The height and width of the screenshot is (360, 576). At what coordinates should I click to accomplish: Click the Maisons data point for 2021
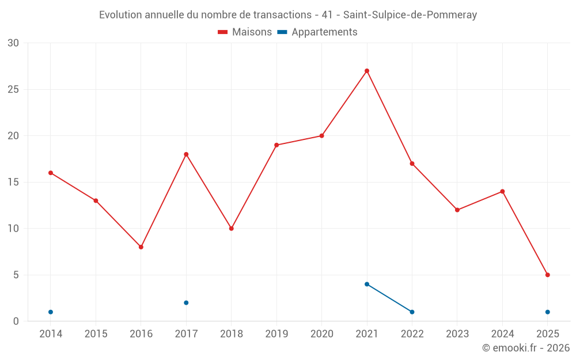pyautogui.click(x=367, y=71)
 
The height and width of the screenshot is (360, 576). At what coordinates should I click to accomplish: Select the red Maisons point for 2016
pyautogui.click(x=141, y=247)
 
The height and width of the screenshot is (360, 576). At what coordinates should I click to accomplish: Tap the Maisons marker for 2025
pyautogui.click(x=547, y=275)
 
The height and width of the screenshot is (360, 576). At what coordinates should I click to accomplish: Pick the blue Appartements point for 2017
pyautogui.click(x=186, y=302)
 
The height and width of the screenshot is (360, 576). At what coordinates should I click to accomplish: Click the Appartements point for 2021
pyautogui.click(x=367, y=284)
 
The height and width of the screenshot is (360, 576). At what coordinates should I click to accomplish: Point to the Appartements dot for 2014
pyautogui.click(x=51, y=312)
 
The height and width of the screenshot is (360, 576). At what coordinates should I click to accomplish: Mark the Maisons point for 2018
pyautogui.click(x=232, y=229)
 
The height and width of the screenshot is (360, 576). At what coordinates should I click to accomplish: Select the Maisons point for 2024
pyautogui.click(x=502, y=191)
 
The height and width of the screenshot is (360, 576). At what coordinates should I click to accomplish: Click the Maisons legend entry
pyautogui.click(x=245, y=32)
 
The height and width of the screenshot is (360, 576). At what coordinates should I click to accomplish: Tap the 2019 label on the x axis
pyautogui.click(x=276, y=334)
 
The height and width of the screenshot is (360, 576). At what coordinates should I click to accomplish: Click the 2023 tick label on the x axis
pyautogui.click(x=457, y=334)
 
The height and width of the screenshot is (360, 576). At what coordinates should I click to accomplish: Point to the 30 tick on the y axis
pyautogui.click(x=13, y=43)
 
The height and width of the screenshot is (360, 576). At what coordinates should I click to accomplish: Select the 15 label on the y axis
pyautogui.click(x=13, y=182)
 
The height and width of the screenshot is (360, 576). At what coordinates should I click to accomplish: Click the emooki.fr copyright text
pyautogui.click(x=525, y=348)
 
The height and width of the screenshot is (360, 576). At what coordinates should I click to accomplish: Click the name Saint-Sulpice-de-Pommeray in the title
pyautogui.click(x=410, y=15)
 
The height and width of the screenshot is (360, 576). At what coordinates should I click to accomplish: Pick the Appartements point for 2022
pyautogui.click(x=412, y=312)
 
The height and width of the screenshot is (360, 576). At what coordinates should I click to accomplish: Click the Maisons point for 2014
pyautogui.click(x=51, y=173)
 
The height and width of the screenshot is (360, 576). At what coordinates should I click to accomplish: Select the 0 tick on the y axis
pyautogui.click(x=16, y=321)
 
